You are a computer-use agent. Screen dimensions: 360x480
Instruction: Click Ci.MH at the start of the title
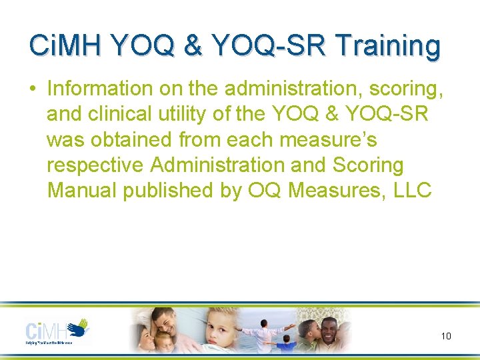coord(64,46)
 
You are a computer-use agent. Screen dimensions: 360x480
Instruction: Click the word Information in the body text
coord(100,89)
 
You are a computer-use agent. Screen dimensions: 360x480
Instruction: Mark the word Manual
coord(82,190)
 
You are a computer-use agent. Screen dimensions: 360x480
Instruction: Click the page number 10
coord(446,336)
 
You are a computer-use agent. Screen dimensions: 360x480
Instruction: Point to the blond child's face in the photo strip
coord(219,331)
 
